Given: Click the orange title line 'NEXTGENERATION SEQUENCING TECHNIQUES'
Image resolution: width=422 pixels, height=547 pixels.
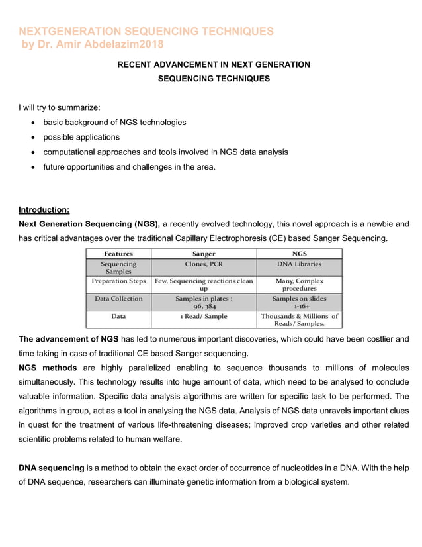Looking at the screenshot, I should [x=146, y=32].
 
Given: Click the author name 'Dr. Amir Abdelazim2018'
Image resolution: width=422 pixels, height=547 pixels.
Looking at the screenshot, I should [x=102, y=44].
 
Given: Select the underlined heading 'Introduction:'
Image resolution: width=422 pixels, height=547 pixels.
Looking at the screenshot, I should [x=44, y=210].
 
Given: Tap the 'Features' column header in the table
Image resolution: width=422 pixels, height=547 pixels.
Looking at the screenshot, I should [x=118, y=254].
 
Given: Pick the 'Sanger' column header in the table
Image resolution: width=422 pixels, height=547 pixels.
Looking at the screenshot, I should [x=204, y=254].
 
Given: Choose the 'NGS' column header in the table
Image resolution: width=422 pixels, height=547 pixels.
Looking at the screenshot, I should [x=299, y=254].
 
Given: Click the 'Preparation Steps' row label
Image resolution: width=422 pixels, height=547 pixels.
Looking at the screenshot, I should [x=118, y=281].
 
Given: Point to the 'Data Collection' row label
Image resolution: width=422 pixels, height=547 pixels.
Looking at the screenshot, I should [x=118, y=299].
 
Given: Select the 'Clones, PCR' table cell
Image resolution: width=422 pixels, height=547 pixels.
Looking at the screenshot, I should [x=204, y=264].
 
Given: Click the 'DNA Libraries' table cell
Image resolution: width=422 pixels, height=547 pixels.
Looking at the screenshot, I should [x=299, y=264].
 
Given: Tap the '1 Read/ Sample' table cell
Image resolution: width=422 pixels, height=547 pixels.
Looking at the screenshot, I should [x=204, y=317].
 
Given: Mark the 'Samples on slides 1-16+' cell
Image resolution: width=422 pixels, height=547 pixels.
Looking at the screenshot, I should [x=299, y=303].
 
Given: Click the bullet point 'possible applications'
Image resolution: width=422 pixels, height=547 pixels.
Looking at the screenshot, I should [x=81, y=137].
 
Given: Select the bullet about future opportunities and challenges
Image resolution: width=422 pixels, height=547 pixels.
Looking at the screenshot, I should [x=129, y=166].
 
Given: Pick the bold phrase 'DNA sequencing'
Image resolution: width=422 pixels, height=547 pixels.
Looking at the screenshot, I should [x=51, y=468].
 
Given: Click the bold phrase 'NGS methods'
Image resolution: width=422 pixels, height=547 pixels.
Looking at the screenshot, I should [x=48, y=368].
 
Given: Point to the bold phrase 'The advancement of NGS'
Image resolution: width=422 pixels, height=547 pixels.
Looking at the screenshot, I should [x=69, y=339].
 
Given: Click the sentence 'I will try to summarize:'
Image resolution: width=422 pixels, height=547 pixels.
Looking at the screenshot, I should [x=60, y=107].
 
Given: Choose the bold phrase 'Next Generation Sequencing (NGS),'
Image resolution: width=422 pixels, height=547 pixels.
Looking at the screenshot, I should [x=89, y=224].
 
